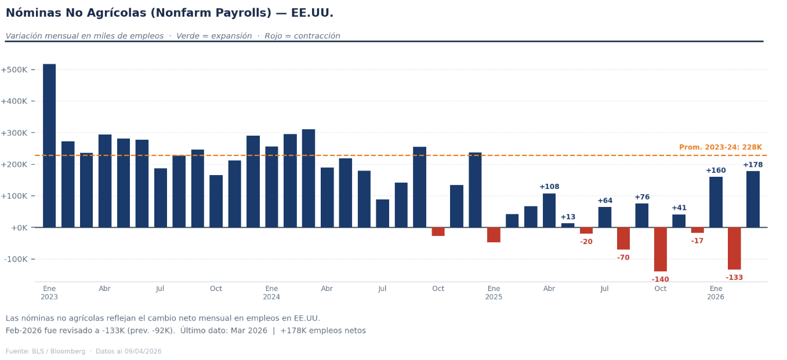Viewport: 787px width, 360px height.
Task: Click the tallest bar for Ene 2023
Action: (49, 145)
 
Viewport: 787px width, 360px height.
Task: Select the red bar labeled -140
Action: (660, 249)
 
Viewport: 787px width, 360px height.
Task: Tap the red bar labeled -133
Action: (734, 248)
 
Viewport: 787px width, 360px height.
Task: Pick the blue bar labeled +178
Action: (753, 199)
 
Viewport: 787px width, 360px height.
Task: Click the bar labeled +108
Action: (549, 210)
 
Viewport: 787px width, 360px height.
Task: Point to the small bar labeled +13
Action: (568, 225)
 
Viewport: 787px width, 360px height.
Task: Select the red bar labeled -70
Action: (623, 238)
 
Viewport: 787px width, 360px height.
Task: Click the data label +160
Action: (716, 170)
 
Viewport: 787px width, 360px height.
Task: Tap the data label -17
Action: (697, 241)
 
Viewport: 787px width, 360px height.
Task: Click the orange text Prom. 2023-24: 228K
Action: (720, 148)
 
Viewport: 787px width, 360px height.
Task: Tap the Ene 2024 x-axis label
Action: (271, 293)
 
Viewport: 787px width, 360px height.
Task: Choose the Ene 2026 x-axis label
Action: (716, 293)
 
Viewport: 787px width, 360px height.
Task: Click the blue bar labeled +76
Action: (641, 215)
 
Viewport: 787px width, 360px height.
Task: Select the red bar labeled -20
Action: (586, 230)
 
